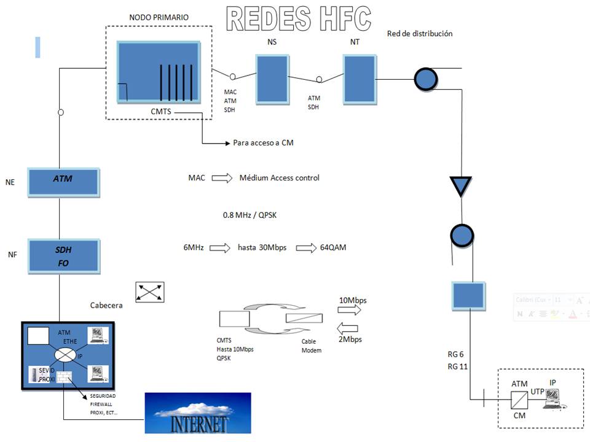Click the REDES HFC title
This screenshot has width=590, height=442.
(x=299, y=19)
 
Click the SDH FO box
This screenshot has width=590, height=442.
(x=63, y=257)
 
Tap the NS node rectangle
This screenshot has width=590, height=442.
(x=271, y=78)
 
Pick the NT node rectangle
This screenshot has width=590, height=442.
(x=359, y=78)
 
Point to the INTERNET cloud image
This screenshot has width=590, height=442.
(x=197, y=413)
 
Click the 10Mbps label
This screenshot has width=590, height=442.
(x=353, y=300)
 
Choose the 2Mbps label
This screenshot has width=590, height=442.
(x=350, y=339)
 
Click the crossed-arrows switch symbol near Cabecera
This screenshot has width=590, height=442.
(x=150, y=292)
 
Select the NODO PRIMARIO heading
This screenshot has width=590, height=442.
(x=159, y=18)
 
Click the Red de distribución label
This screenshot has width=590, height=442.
(x=420, y=34)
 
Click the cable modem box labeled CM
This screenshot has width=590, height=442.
(x=519, y=401)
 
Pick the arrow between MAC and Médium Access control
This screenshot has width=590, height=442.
(x=222, y=178)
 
